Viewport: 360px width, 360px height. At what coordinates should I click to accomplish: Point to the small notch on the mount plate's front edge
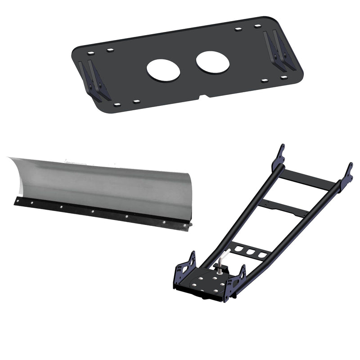[203, 95]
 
